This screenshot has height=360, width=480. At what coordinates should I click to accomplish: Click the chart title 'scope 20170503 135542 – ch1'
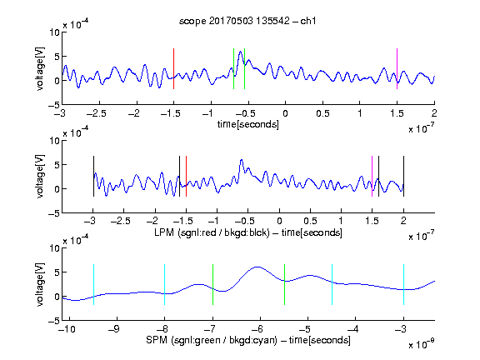pyautogui.click(x=247, y=21)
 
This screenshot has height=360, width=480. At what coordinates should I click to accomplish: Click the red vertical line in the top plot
pyautogui.click(x=173, y=68)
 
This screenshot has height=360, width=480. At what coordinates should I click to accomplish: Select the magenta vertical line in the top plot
pyautogui.click(x=397, y=68)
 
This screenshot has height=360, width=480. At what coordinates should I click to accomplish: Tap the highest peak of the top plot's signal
pyautogui.click(x=241, y=52)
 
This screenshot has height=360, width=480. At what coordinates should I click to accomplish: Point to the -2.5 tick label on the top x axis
pyautogui.click(x=97, y=113)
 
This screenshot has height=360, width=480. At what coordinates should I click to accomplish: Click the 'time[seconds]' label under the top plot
pyautogui.click(x=248, y=124)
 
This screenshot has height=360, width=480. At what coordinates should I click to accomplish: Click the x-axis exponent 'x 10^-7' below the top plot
pyautogui.click(x=422, y=128)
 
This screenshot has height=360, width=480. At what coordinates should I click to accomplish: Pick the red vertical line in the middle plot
pyautogui.click(x=186, y=177)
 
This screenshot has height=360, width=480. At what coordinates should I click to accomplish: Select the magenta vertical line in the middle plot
pyautogui.click(x=372, y=177)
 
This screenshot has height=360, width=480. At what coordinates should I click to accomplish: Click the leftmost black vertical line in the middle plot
pyautogui.click(x=93, y=177)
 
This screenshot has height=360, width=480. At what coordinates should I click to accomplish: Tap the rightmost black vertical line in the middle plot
pyautogui.click(x=403, y=177)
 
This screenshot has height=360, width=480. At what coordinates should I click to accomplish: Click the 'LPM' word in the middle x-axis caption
pyautogui.click(x=164, y=232)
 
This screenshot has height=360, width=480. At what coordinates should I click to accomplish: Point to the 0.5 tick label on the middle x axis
pyautogui.click(x=310, y=221)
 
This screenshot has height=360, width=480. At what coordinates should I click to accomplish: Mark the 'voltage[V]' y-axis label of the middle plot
pyautogui.click(x=40, y=177)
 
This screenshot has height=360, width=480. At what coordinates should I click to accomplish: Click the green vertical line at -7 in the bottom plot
pyautogui.click(x=212, y=284)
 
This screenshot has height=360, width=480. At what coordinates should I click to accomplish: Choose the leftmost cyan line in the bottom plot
pyautogui.click(x=93, y=284)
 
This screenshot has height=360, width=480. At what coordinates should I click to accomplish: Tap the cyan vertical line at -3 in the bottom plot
pyautogui.click(x=403, y=284)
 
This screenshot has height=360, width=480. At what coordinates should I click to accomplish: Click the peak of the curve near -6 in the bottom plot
pyautogui.click(x=257, y=267)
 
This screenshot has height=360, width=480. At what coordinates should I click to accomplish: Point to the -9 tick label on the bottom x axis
pyautogui.click(x=114, y=329)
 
